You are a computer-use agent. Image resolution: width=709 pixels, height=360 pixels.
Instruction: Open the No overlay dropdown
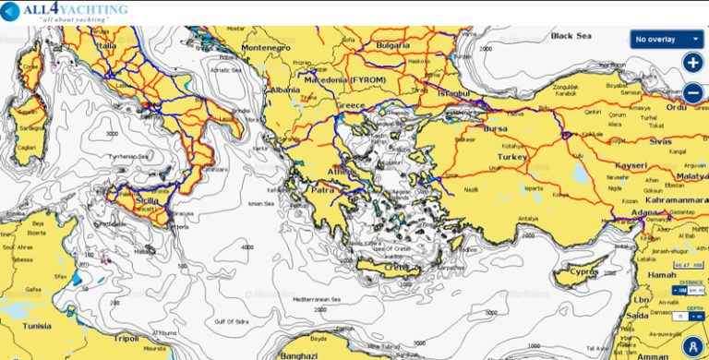click(667, 40)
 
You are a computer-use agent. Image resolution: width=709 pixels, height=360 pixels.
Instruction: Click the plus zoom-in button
click(692, 63)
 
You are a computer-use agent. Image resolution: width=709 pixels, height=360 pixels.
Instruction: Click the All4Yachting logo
click(65, 12)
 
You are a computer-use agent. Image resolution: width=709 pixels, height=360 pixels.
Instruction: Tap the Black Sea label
click(570, 36)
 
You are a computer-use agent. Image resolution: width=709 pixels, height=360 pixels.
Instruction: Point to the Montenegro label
click(265, 48)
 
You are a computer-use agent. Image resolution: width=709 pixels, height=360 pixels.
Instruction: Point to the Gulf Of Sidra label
click(234, 319)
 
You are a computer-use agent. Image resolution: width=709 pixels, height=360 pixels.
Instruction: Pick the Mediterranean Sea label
click(317, 300)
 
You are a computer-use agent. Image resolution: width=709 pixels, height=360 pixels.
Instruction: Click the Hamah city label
click(662, 274)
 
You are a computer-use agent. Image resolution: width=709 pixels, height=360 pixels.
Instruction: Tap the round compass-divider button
click(691, 343)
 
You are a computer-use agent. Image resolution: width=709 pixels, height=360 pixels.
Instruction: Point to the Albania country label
click(283, 90)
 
